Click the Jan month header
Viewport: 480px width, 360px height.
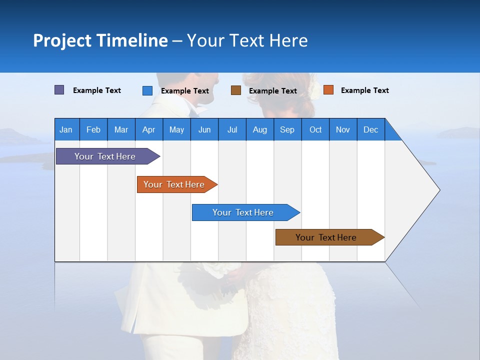(66, 130)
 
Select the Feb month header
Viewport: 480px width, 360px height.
(93, 130)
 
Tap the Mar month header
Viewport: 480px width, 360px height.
(121, 130)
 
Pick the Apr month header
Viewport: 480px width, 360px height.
(149, 130)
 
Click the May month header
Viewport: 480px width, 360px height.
(176, 130)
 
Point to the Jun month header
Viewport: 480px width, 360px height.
(204, 130)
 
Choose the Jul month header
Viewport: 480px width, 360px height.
(232, 130)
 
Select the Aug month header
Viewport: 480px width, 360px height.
(260, 130)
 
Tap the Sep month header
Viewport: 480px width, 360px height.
(287, 130)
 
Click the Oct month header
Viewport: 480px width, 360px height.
(315, 130)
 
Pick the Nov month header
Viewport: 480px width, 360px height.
(343, 130)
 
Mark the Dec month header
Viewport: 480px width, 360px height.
(371, 130)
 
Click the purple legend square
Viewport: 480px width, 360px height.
(59, 90)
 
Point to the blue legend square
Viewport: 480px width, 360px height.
(147, 90)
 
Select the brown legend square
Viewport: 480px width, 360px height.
(236, 90)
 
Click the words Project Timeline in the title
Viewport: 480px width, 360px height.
(100, 40)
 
